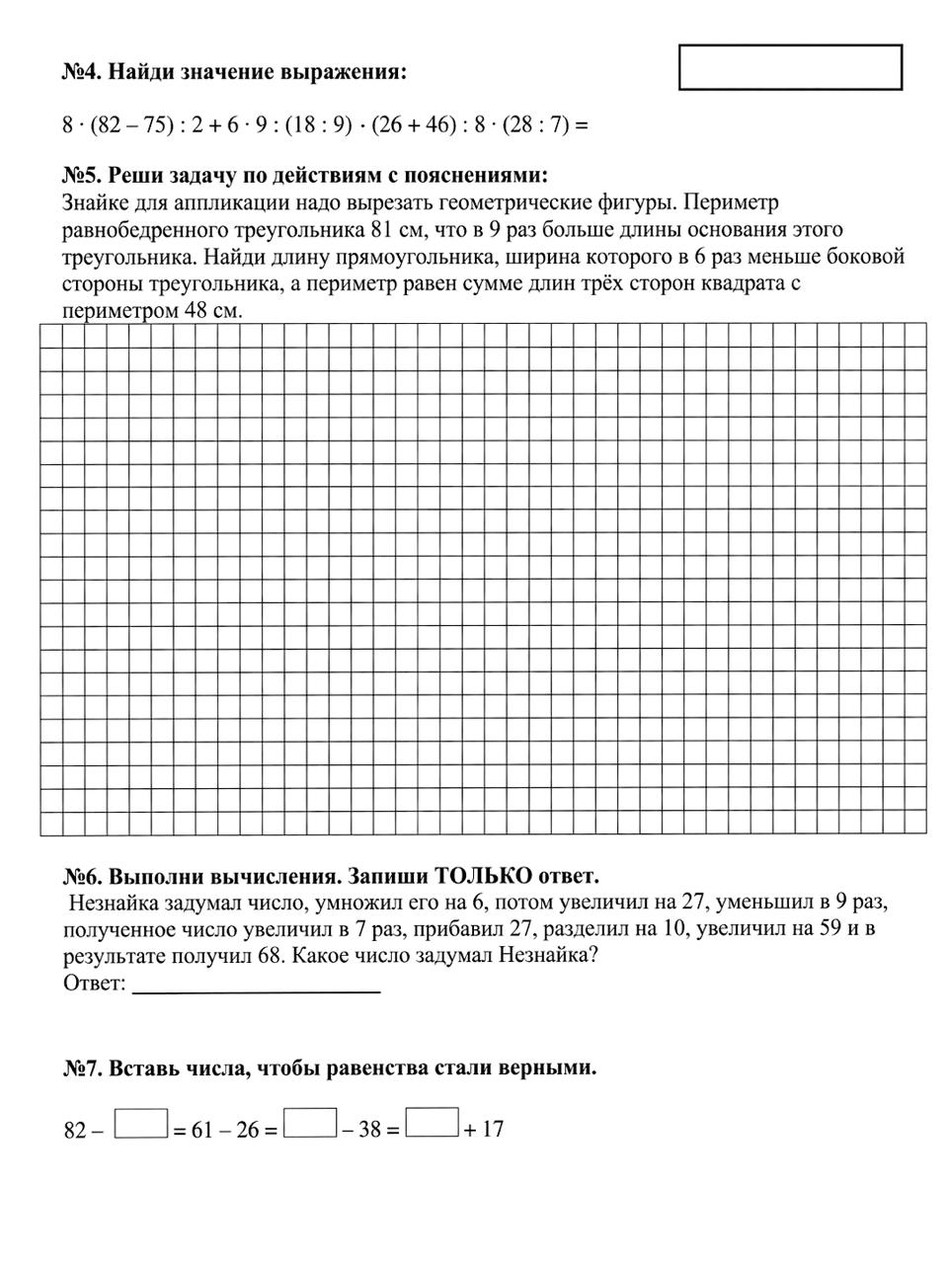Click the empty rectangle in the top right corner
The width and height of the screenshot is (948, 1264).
[x=790, y=67]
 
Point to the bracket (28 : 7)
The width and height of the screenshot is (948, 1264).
[x=534, y=125]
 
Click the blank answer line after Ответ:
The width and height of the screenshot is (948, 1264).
[x=256, y=985]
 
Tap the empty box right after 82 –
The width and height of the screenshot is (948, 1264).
[x=141, y=1124]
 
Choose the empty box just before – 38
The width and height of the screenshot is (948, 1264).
[x=310, y=1124]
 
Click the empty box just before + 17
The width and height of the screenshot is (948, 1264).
[x=433, y=1124]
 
